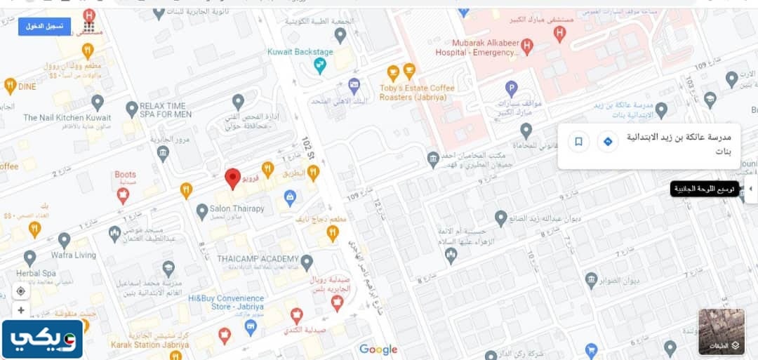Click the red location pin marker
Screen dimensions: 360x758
coord(233,178)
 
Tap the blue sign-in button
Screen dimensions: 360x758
coord(44,27)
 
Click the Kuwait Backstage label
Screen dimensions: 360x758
coord(300,52)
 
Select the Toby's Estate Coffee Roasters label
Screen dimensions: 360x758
coord(417,93)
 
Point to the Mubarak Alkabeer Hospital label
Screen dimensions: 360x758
coord(477,48)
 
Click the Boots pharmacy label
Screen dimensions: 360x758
coord(125,175)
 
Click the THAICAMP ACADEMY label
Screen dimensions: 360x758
coord(258,259)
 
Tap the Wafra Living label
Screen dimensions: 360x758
coord(73,255)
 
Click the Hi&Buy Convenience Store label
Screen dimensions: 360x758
coord(226,302)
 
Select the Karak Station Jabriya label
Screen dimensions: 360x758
coord(149,345)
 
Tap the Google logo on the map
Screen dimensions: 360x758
coord(378,349)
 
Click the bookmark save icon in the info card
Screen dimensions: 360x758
coord(578,142)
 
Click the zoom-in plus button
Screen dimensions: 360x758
coord(21,310)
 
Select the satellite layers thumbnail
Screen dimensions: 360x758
coord(721,331)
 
